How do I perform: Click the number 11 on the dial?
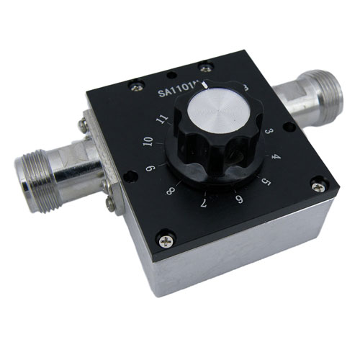pos(163,118)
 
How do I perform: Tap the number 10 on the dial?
pos(149,142)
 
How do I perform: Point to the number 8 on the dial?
pos(170,192)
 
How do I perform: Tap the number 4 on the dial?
pos(275,157)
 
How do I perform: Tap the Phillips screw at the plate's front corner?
pos(167,235)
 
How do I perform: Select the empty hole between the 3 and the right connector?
pos(289,127)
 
